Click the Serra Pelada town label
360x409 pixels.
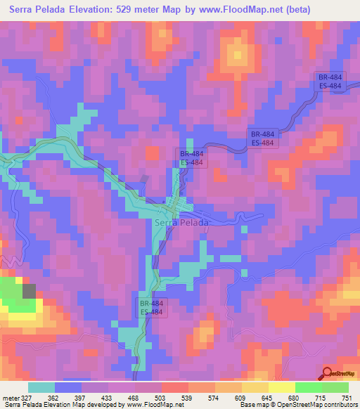(181, 223)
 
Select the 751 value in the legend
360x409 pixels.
(347, 397)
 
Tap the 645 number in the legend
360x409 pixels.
(268, 397)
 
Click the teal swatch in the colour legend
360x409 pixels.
(41, 387)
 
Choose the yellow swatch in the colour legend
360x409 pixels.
(254, 387)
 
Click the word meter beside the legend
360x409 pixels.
(11, 397)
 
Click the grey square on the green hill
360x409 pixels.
(29, 291)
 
